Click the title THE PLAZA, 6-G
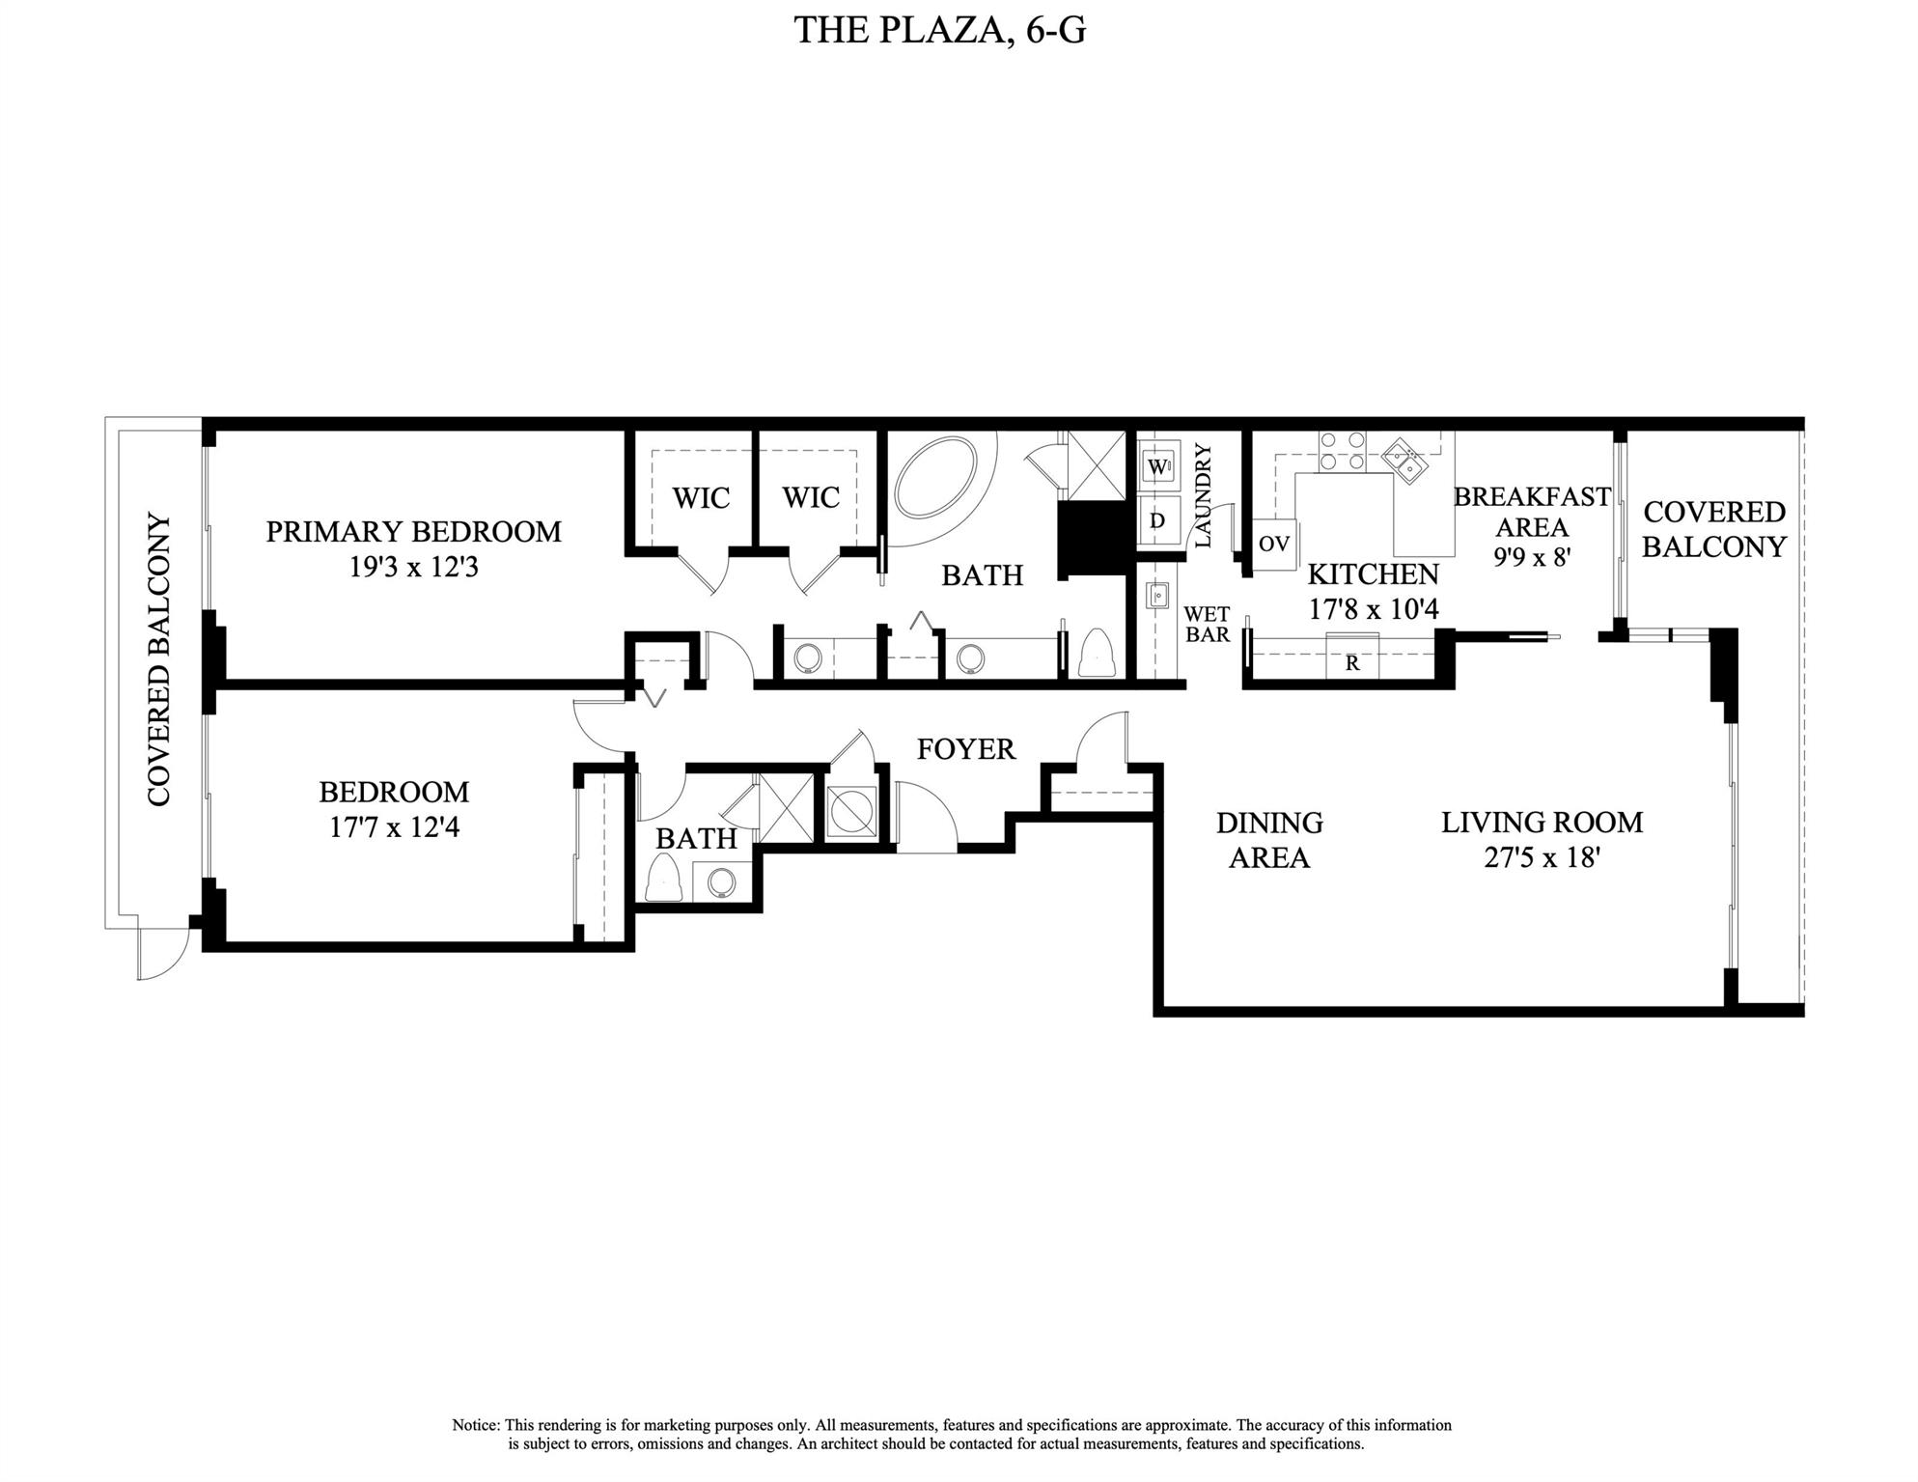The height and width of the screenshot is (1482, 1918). [x=940, y=30]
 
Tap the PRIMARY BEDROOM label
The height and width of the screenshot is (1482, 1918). [x=413, y=532]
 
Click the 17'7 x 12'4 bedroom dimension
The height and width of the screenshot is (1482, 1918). [x=394, y=827]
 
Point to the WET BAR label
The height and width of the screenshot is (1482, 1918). [x=1207, y=625]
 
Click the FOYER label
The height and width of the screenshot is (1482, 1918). [x=966, y=749]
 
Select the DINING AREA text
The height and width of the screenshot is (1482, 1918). [x=1269, y=840]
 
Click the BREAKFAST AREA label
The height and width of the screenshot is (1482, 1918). [x=1532, y=512]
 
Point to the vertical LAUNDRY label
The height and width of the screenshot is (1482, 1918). [x=1203, y=495]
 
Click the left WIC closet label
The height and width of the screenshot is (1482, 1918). [x=701, y=498]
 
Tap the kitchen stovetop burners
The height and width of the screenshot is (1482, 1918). [x=1343, y=451]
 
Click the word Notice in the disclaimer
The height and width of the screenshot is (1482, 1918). [x=476, y=1425]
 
